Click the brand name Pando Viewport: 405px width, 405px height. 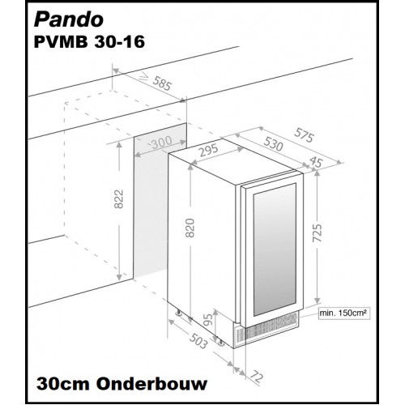69,19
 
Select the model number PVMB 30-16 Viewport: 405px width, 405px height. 89,42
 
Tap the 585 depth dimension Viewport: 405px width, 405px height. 162,83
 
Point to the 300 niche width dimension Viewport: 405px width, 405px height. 162,143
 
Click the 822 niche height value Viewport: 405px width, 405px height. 119,199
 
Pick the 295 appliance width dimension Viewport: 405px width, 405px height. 209,151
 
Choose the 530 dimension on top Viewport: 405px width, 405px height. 273,143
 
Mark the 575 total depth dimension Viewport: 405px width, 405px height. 304,135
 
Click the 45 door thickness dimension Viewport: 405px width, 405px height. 316,161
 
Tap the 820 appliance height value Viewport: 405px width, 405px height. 190,228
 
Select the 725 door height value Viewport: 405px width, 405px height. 317,232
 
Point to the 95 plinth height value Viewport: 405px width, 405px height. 208,320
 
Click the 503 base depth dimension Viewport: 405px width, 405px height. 198,341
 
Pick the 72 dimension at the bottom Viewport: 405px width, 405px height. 256,377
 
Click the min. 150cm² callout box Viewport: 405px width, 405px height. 343,313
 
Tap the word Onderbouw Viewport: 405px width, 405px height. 152,384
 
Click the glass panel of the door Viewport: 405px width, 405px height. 275,249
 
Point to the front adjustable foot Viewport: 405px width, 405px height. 221,342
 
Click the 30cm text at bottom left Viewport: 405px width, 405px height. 62,384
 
